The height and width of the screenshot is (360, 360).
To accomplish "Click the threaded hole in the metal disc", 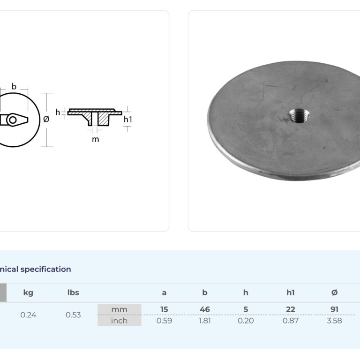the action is pyautogui.click(x=299, y=115).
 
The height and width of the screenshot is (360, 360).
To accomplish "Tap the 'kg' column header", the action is pyautogui.click(x=28, y=293).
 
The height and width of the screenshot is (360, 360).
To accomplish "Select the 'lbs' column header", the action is pyautogui.click(x=73, y=292).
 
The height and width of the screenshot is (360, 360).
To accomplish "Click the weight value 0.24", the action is pyautogui.click(x=28, y=315).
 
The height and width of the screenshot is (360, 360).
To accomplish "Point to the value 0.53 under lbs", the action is pyautogui.click(x=73, y=315).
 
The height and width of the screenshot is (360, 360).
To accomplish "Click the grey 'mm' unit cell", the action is pyautogui.click(x=120, y=309).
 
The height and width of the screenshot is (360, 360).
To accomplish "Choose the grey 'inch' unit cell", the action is pyautogui.click(x=120, y=321).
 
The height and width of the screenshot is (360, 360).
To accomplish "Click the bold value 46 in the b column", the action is pyautogui.click(x=205, y=309).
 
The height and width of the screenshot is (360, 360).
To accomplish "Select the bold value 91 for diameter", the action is pyautogui.click(x=335, y=309).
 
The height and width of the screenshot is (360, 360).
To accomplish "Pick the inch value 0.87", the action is pyautogui.click(x=291, y=321).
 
